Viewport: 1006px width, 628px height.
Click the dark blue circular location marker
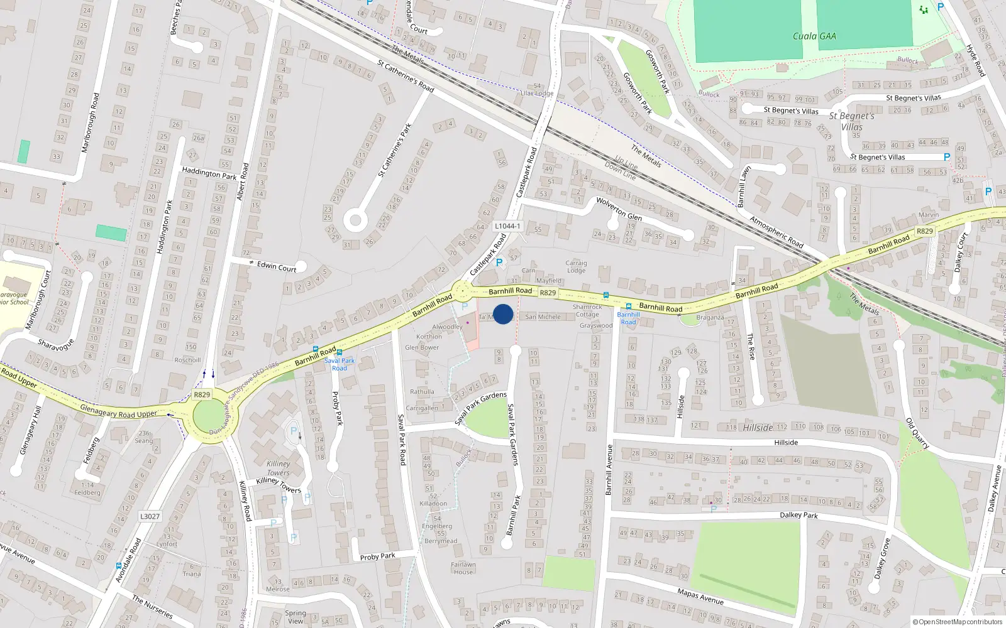(503, 314)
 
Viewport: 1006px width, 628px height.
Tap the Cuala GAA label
(814, 36)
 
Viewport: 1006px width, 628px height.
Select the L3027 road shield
(150, 516)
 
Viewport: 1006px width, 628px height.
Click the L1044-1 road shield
(507, 226)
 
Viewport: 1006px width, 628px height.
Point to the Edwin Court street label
(276, 266)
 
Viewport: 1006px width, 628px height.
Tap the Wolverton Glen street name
(619, 208)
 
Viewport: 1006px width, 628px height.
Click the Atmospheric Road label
(777, 232)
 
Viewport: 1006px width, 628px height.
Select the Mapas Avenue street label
(700, 596)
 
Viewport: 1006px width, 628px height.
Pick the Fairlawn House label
(463, 568)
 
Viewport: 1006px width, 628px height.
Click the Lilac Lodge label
(536, 94)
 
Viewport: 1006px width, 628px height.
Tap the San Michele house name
(543, 317)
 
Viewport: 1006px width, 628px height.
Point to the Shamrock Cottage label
(587, 311)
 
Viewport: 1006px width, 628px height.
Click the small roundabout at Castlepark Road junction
(462, 291)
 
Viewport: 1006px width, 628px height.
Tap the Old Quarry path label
(917, 433)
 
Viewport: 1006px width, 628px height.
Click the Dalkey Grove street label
(883, 558)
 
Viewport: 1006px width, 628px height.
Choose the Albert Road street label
(243, 182)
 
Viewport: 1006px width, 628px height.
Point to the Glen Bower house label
(422, 347)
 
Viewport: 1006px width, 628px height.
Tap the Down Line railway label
(621, 171)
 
